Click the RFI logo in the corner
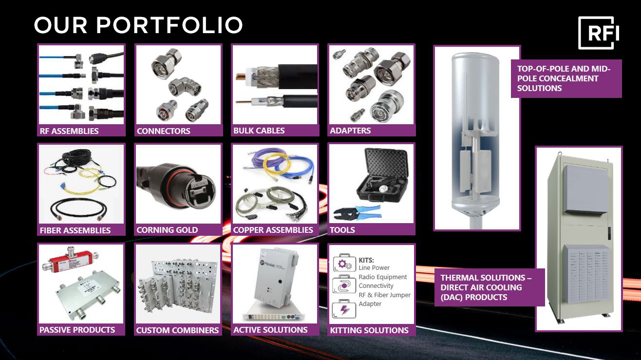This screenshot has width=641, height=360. click(x=598, y=33)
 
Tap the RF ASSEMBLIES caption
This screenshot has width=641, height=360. click(x=69, y=131)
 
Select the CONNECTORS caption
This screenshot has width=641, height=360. click(x=164, y=131)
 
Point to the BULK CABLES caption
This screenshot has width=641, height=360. click(x=259, y=131)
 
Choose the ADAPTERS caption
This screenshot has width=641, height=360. click(x=350, y=131)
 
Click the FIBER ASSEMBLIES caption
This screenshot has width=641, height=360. click(x=75, y=230)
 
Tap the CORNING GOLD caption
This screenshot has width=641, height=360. click(x=167, y=230)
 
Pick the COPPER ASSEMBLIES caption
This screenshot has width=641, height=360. click(x=273, y=230)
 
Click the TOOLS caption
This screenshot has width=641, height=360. click(x=342, y=230)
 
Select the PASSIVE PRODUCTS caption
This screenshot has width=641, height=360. click(x=77, y=330)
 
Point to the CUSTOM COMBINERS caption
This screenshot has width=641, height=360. click(x=177, y=330)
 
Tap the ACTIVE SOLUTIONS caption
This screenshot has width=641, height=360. click(x=270, y=330)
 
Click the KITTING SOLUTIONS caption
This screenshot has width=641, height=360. click(x=369, y=330)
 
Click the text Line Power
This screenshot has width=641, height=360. click(x=374, y=267)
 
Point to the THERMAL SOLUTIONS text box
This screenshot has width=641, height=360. click(x=489, y=287)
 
